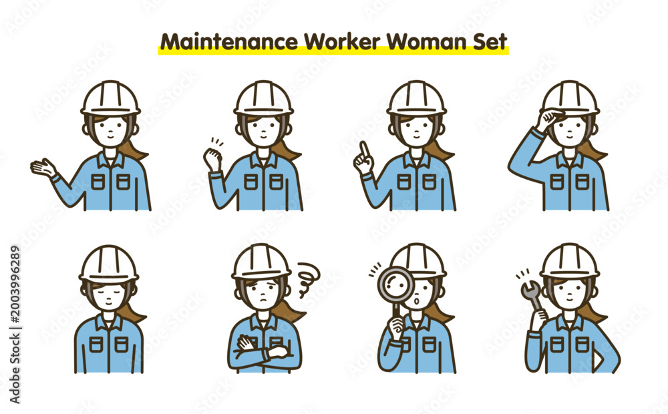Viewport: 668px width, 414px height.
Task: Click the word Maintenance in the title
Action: [x=228, y=42]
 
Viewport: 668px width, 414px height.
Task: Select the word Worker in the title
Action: [x=341, y=42]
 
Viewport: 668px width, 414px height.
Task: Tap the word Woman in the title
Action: [x=428, y=42]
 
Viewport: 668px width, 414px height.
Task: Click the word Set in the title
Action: [x=490, y=42]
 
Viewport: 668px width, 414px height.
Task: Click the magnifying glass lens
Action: [x=396, y=284]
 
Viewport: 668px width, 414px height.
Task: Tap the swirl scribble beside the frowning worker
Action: [x=308, y=278]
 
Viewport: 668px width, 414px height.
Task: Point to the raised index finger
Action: [x=364, y=150]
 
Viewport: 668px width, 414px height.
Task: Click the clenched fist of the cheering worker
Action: [x=212, y=158]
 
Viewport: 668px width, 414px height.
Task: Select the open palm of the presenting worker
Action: [x=43, y=168]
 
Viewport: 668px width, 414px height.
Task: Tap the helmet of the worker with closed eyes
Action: [x=109, y=264]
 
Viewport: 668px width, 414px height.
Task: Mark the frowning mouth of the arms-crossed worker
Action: [x=264, y=300]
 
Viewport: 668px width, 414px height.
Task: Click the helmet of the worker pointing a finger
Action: [x=416, y=99]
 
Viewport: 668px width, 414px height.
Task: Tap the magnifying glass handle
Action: [x=397, y=312]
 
